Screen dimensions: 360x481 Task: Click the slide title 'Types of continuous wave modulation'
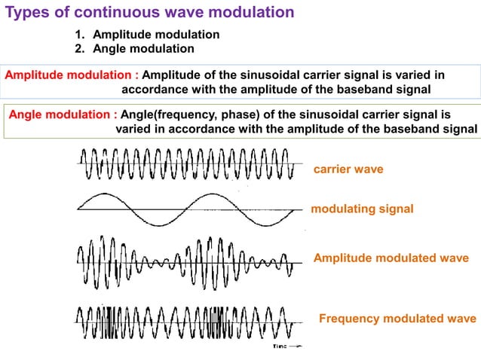click(x=150, y=13)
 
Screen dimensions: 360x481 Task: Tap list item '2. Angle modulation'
click(x=134, y=49)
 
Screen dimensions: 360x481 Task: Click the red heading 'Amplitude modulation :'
click(x=72, y=75)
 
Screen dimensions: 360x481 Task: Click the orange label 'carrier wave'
click(x=348, y=169)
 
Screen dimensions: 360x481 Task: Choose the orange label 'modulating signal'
click(x=362, y=209)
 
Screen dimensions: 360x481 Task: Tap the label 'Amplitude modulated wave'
click(x=391, y=258)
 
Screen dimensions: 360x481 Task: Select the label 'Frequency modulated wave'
click(x=397, y=318)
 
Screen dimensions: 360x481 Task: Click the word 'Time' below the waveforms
click(x=280, y=347)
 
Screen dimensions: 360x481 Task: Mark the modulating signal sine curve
click(x=185, y=208)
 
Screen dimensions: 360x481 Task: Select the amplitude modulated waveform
click(x=185, y=260)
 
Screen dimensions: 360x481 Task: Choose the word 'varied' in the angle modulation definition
click(x=133, y=129)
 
